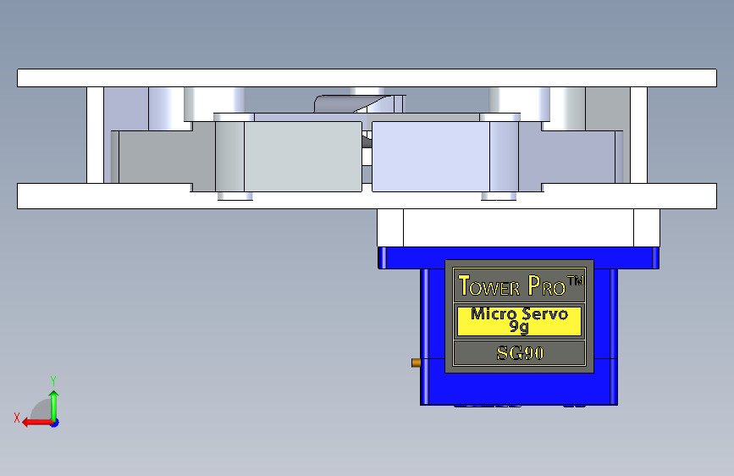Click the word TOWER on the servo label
[x=489, y=285]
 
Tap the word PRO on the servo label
[x=547, y=285]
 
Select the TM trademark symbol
[x=576, y=280]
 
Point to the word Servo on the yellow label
[x=545, y=313]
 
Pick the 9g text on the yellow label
[x=519, y=327]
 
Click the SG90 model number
[x=520, y=353]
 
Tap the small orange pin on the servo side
[x=416, y=363]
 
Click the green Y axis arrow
[x=54, y=406]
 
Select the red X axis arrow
[x=38, y=423]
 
